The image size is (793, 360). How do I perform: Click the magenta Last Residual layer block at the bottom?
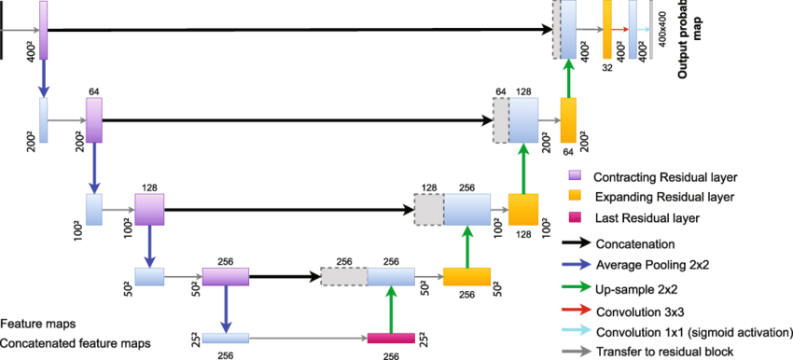point(391,338)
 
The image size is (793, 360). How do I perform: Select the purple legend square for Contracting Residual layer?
point(576,175)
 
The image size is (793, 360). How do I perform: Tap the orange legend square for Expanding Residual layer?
point(576,197)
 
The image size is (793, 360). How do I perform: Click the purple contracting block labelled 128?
point(149,209)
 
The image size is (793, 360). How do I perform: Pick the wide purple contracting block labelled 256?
point(226,276)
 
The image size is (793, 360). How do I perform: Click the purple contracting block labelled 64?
point(93,119)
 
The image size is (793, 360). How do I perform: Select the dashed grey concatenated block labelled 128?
point(428,210)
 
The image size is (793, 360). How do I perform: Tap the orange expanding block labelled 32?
point(606,30)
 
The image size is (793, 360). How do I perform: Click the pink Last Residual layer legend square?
point(576,218)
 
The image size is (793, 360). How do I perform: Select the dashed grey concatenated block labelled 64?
point(501,120)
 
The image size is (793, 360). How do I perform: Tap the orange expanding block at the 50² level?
point(466,276)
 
